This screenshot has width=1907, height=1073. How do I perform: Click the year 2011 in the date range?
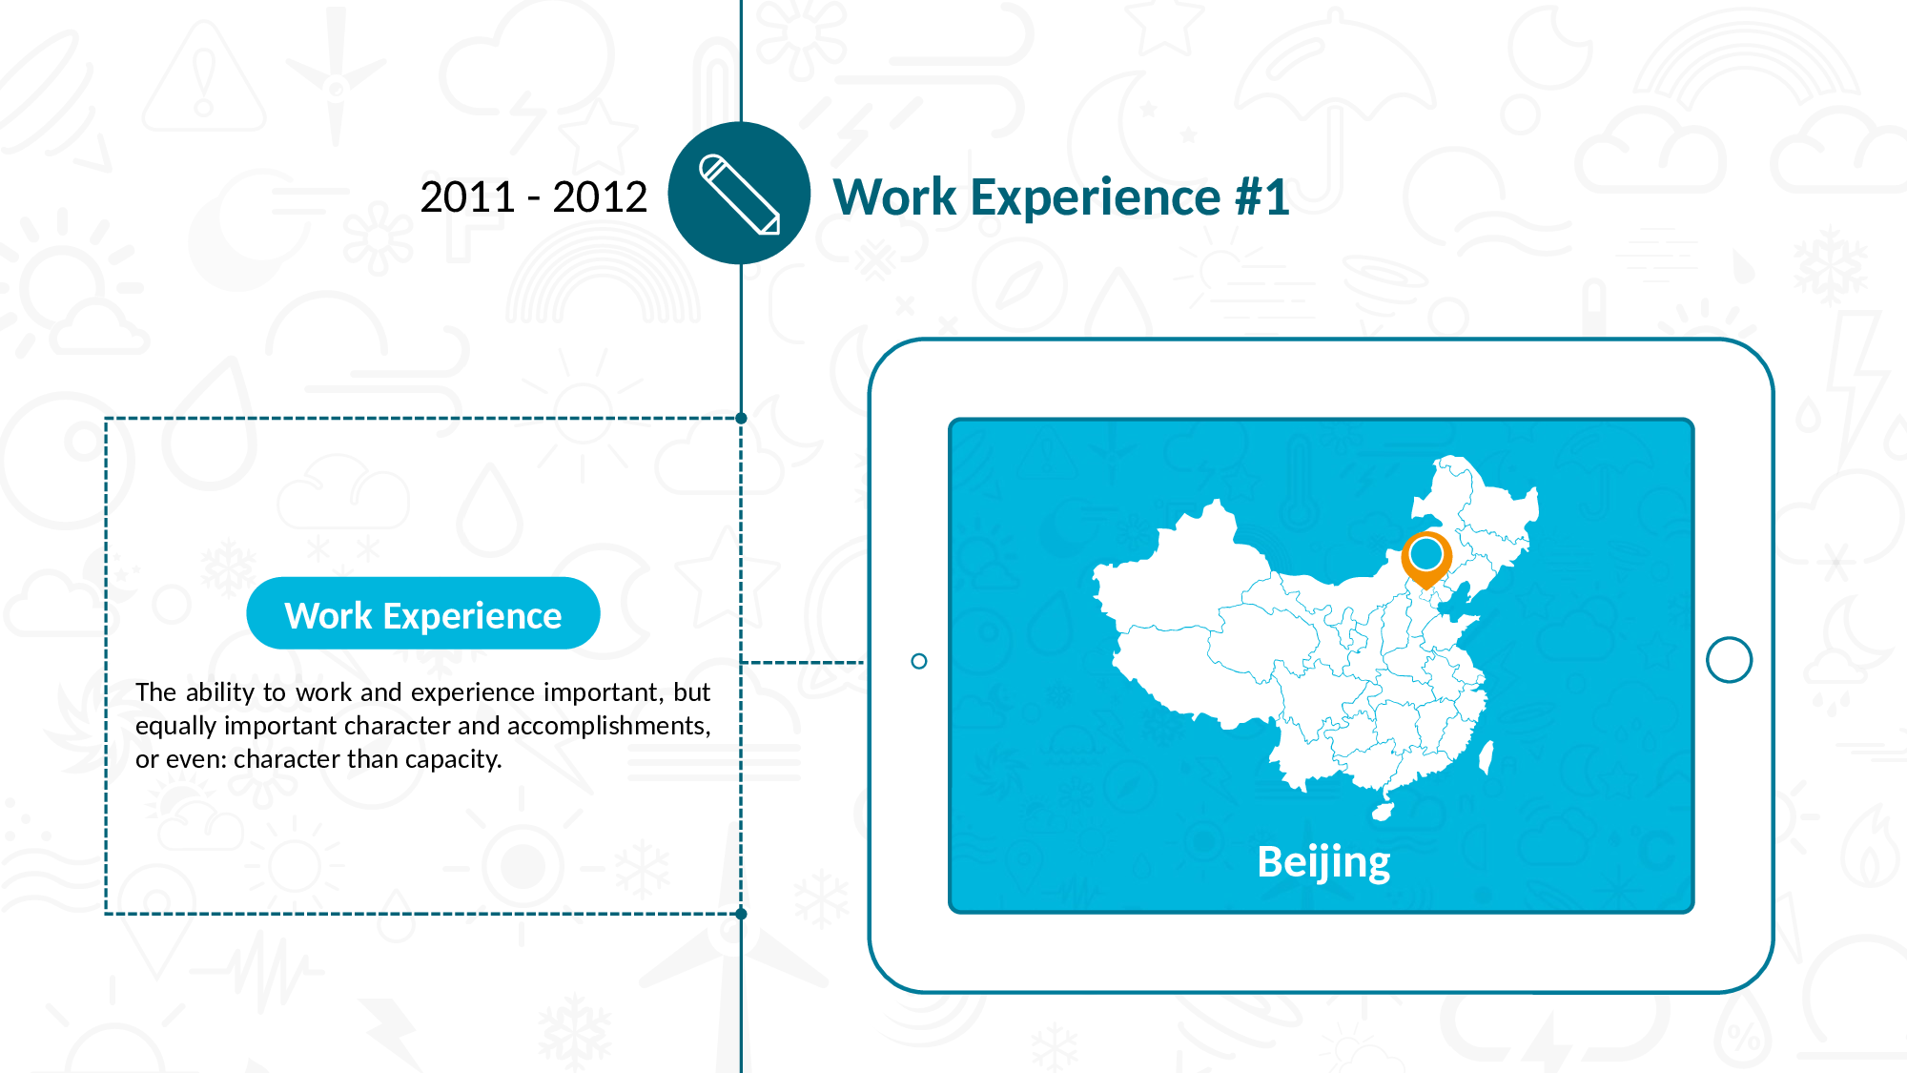468,197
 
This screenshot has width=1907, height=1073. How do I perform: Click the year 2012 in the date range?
600,197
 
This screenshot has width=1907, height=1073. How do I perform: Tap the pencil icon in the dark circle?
740,195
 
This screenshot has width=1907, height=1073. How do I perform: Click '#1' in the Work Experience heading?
1262,197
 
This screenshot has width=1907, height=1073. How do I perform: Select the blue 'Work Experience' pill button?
423,613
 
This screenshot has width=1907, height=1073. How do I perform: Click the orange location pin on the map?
1426,559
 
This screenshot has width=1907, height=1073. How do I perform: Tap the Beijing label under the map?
1323,863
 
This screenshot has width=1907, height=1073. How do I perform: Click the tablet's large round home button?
1730,660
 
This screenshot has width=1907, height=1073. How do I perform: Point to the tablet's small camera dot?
919,661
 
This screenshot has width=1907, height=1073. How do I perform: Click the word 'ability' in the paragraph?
220,692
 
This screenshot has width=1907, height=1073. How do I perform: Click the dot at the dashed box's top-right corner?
742,418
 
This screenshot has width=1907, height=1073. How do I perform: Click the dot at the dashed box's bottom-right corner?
742,914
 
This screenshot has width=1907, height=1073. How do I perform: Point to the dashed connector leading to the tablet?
803,662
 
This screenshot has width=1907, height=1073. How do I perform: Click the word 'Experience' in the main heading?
1096,197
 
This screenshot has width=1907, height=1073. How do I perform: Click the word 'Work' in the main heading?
895,197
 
